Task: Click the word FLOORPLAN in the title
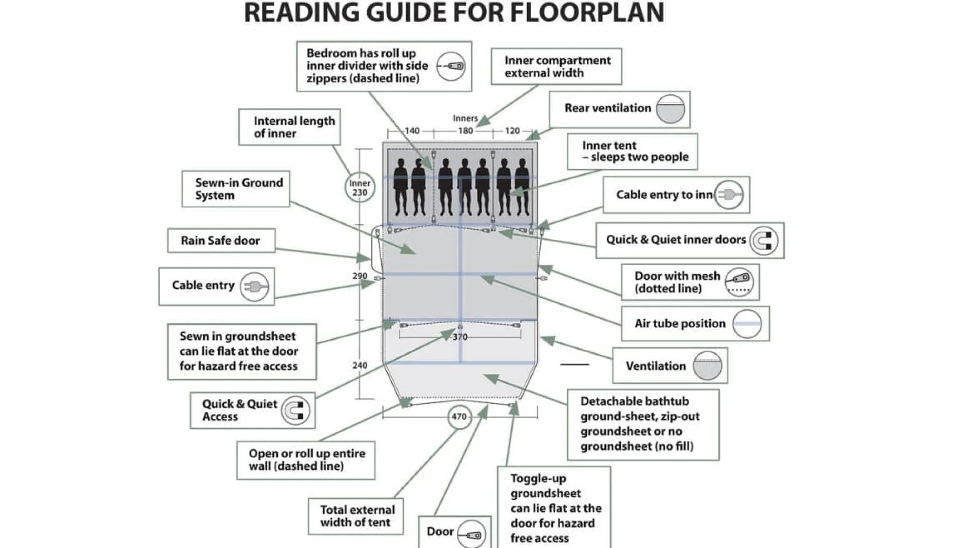coord(587,13)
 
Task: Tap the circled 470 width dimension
coord(459,417)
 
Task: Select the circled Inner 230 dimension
coord(360,188)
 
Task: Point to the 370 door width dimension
coord(460,337)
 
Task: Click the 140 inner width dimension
coord(412,131)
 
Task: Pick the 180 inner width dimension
coord(465,131)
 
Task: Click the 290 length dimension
coord(360,276)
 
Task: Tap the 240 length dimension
coord(360,365)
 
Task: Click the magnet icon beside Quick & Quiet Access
coord(295,410)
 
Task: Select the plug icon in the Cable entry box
coord(254,287)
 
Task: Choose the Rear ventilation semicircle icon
coord(671,109)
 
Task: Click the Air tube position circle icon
coord(747,324)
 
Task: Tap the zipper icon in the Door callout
coord(471,534)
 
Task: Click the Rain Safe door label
coord(220,241)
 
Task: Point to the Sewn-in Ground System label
coord(239,189)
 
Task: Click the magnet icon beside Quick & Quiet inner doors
coord(764,241)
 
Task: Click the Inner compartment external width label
coord(557,67)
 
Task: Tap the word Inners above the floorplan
coord(465,118)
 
